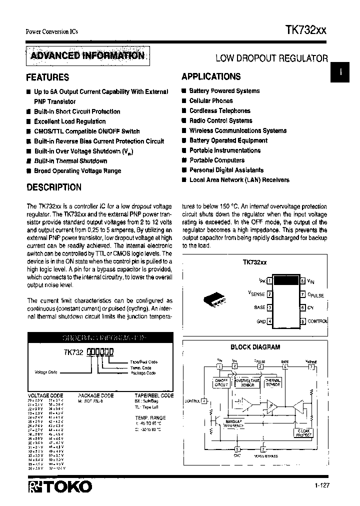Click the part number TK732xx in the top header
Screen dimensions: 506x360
pos(306,30)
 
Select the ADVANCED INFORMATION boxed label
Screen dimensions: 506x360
pos(87,55)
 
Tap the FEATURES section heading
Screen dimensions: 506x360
pos(47,77)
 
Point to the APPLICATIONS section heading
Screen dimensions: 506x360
pos(211,76)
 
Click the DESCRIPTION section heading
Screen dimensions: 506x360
pos(53,187)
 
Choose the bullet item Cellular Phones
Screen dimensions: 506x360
pos(211,101)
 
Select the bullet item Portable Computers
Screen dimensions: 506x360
pos(217,160)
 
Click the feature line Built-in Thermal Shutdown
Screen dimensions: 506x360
pos(70,161)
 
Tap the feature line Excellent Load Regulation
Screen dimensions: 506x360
pos(70,121)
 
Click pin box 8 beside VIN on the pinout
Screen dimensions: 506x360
pos(302,281)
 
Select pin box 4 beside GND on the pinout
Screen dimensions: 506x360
pos(270,321)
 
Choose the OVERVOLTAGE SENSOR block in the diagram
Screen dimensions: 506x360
pos(247,382)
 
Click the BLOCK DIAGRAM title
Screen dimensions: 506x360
pos(255,347)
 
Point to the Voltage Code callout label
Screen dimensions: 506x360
pos(46,372)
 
